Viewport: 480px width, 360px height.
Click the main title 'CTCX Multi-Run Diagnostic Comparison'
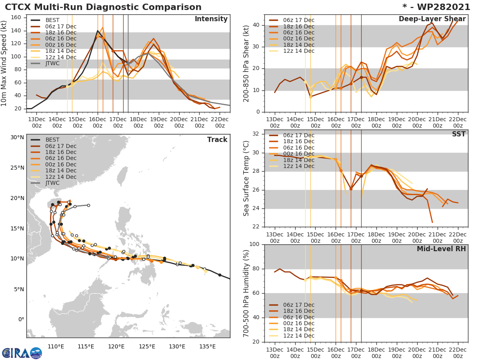(103, 7)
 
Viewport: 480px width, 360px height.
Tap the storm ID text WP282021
(440, 7)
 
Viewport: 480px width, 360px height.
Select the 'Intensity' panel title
(211, 19)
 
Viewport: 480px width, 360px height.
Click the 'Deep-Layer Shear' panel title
(432, 19)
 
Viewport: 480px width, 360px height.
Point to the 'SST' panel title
(458, 134)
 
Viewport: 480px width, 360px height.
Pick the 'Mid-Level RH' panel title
(441, 249)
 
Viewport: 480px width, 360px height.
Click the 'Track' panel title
(217, 140)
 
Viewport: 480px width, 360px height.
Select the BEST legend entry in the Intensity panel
(52, 20)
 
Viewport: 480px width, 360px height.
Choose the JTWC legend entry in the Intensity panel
(52, 64)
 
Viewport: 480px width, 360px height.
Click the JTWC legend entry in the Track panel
(52, 183)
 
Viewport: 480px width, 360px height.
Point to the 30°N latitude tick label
(17, 138)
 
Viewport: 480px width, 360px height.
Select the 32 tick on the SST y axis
(256, 134)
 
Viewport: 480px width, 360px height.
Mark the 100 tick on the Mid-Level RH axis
(254, 244)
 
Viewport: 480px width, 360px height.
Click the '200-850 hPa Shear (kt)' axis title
(246, 63)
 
